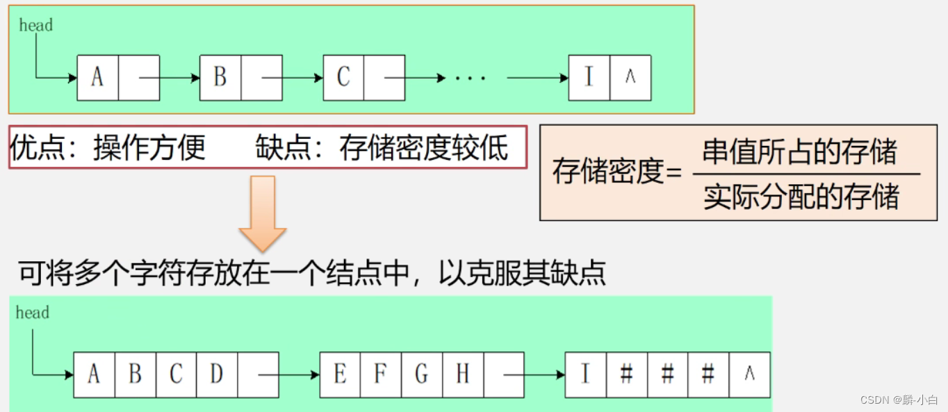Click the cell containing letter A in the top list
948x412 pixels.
(x=97, y=77)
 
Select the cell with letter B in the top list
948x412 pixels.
(x=220, y=77)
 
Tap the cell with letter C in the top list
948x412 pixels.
(x=343, y=77)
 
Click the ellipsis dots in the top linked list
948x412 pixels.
(x=471, y=78)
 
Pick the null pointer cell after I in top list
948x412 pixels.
(x=630, y=77)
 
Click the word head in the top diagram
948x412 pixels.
(x=35, y=26)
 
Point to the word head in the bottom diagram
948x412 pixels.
(x=32, y=313)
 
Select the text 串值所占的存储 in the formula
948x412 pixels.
(x=800, y=151)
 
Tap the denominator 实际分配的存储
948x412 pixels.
(x=801, y=197)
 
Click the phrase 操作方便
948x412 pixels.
(x=149, y=147)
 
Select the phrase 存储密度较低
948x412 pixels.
(x=424, y=147)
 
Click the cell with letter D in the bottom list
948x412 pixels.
(x=217, y=374)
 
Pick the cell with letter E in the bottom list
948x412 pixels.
(x=340, y=374)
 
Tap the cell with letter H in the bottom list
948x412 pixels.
(x=463, y=374)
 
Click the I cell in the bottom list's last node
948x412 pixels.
(x=585, y=374)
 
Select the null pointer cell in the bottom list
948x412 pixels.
(x=749, y=374)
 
